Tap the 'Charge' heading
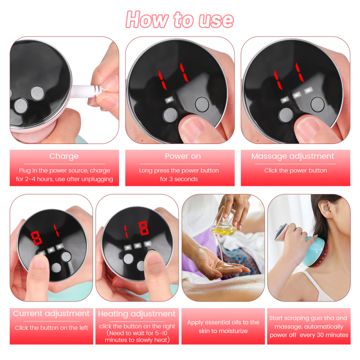tap(64, 157)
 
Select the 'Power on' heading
tap(180, 157)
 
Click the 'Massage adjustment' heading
tap(292, 157)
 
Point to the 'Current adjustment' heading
tap(51, 314)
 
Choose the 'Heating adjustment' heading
tap(137, 314)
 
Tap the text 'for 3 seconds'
tap(179, 179)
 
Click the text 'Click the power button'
tap(296, 171)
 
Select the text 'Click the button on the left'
tap(51, 328)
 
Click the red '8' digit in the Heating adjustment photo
tap(144, 228)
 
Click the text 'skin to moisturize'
tap(223, 331)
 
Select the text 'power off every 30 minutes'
tap(309, 335)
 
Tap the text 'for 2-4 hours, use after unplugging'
tap(64, 179)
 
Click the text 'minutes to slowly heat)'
tap(137, 340)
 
